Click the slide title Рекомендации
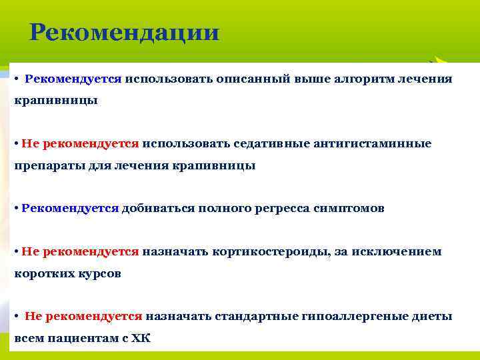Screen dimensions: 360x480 coord(125,32)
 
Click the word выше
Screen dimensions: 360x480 coord(316,79)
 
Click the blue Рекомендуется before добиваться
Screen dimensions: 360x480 coord(70,208)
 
